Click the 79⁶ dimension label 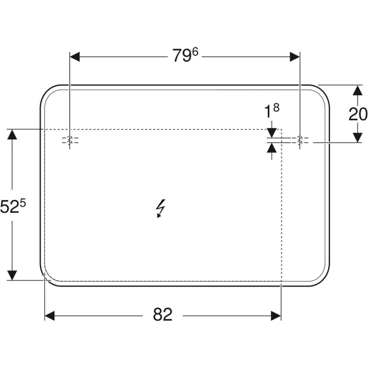coord(185,55)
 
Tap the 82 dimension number coord(163,315)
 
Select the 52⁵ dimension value coord(13,206)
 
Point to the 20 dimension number coord(358,114)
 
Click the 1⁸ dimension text coord(272,110)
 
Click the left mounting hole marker coord(69,140)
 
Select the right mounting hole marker coord(300,140)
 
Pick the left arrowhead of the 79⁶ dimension coord(75,57)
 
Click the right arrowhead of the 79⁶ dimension coord(295,57)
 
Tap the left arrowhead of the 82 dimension coord(50,316)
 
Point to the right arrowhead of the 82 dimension coord(276,316)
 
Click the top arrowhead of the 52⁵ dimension coord(12,134)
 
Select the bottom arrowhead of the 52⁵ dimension coord(12,275)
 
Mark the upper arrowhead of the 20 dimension coord(358,90)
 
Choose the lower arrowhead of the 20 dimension coord(358,137)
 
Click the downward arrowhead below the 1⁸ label coord(272,133)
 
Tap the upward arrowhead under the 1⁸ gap coord(272,148)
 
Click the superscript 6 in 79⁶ coord(195,52)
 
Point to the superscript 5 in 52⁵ coord(23,202)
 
